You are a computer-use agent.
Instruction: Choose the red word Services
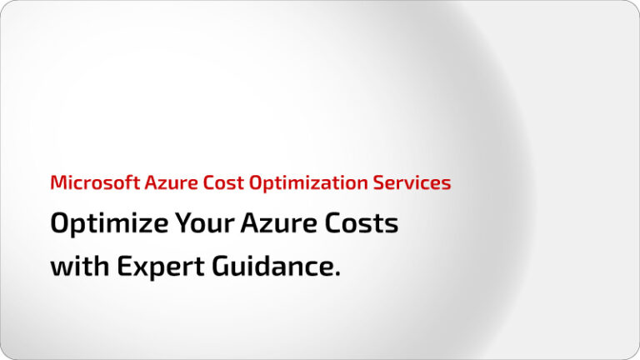pos(413,182)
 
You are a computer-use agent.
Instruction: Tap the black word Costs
pos(359,224)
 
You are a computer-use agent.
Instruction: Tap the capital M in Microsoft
pos(57,182)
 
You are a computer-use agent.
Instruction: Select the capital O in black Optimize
pos(61,224)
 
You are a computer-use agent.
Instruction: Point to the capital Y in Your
pos(183,224)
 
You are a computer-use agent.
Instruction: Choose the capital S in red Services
pos(382,182)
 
